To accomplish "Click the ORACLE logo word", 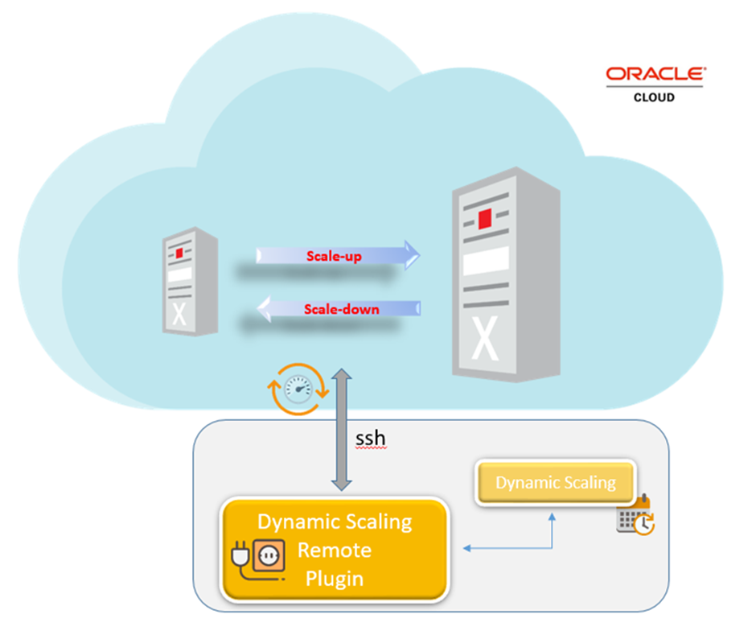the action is pyautogui.click(x=655, y=75).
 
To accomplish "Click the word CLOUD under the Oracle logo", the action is pyautogui.click(x=654, y=97).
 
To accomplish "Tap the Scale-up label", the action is pyautogui.click(x=333, y=256).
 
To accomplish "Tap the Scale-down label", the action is pyautogui.click(x=341, y=309).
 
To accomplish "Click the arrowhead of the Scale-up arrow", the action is pyautogui.click(x=411, y=255).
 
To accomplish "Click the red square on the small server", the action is pyautogui.click(x=179, y=252).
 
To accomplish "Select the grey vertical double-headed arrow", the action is pyautogui.click(x=342, y=430).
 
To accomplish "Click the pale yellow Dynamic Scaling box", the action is pyautogui.click(x=555, y=483).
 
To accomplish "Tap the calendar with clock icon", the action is pyautogui.click(x=635, y=516).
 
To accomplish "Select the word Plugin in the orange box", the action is pyautogui.click(x=335, y=578).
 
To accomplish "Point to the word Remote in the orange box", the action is pyautogui.click(x=335, y=550).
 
